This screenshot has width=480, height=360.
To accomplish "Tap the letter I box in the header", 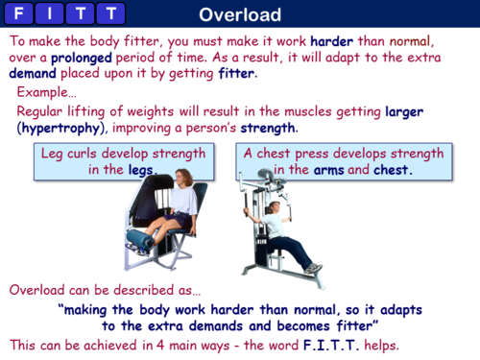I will tap(52, 14).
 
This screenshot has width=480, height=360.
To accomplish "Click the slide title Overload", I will tap(240, 14).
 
